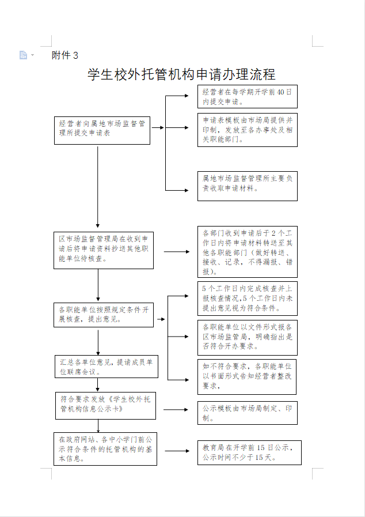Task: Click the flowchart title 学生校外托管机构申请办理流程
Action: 181,74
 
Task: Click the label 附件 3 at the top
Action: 64,55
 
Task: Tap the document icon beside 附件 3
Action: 24,55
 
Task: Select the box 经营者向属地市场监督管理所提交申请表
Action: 102,128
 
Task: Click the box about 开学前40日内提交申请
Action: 248,97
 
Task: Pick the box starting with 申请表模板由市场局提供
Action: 248,130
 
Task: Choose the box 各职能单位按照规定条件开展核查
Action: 104,314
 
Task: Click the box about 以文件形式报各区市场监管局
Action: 248,337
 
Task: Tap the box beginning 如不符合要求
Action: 247,376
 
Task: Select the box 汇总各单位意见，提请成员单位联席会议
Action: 107,367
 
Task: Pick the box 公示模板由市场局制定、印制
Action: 248,413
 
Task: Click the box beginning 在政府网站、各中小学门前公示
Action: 105,448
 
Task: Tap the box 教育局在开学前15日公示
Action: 249,452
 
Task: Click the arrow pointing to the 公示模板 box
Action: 176,409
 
